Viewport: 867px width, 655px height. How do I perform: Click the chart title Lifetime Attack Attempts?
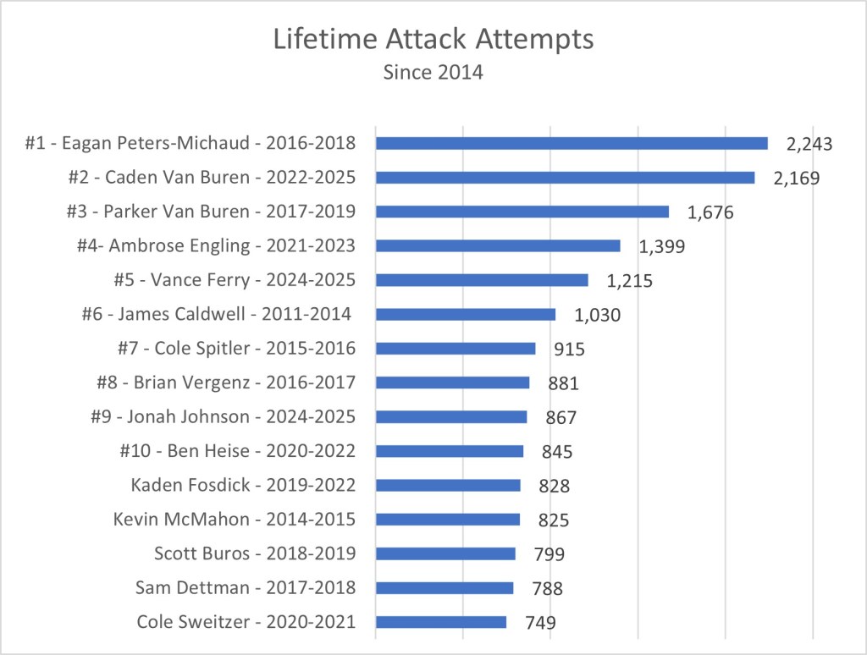[433, 41]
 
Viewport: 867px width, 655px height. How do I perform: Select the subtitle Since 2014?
[433, 73]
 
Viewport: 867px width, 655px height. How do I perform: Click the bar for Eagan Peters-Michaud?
[572, 144]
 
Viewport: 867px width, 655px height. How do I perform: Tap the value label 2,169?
[796, 179]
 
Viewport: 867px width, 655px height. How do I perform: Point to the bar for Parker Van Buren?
[522, 212]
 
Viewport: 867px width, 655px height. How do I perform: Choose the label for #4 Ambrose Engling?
[215, 246]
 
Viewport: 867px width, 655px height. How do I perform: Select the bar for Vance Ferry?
[482, 280]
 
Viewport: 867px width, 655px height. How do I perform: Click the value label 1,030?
[598, 315]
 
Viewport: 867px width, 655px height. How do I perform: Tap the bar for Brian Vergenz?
[452, 383]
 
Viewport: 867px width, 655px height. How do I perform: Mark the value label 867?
[561, 417]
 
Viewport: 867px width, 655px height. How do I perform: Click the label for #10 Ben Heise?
[237, 451]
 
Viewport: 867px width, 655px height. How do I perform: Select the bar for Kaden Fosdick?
[448, 485]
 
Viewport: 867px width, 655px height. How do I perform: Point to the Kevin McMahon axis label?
[235, 520]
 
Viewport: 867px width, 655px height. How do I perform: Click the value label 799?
[549, 554]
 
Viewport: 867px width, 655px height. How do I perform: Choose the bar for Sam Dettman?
[445, 588]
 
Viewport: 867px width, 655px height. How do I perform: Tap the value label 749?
[540, 623]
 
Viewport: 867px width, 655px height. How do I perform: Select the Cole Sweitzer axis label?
[246, 622]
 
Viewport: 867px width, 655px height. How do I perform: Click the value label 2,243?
[809, 144]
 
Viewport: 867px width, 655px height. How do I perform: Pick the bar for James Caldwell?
[466, 314]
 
